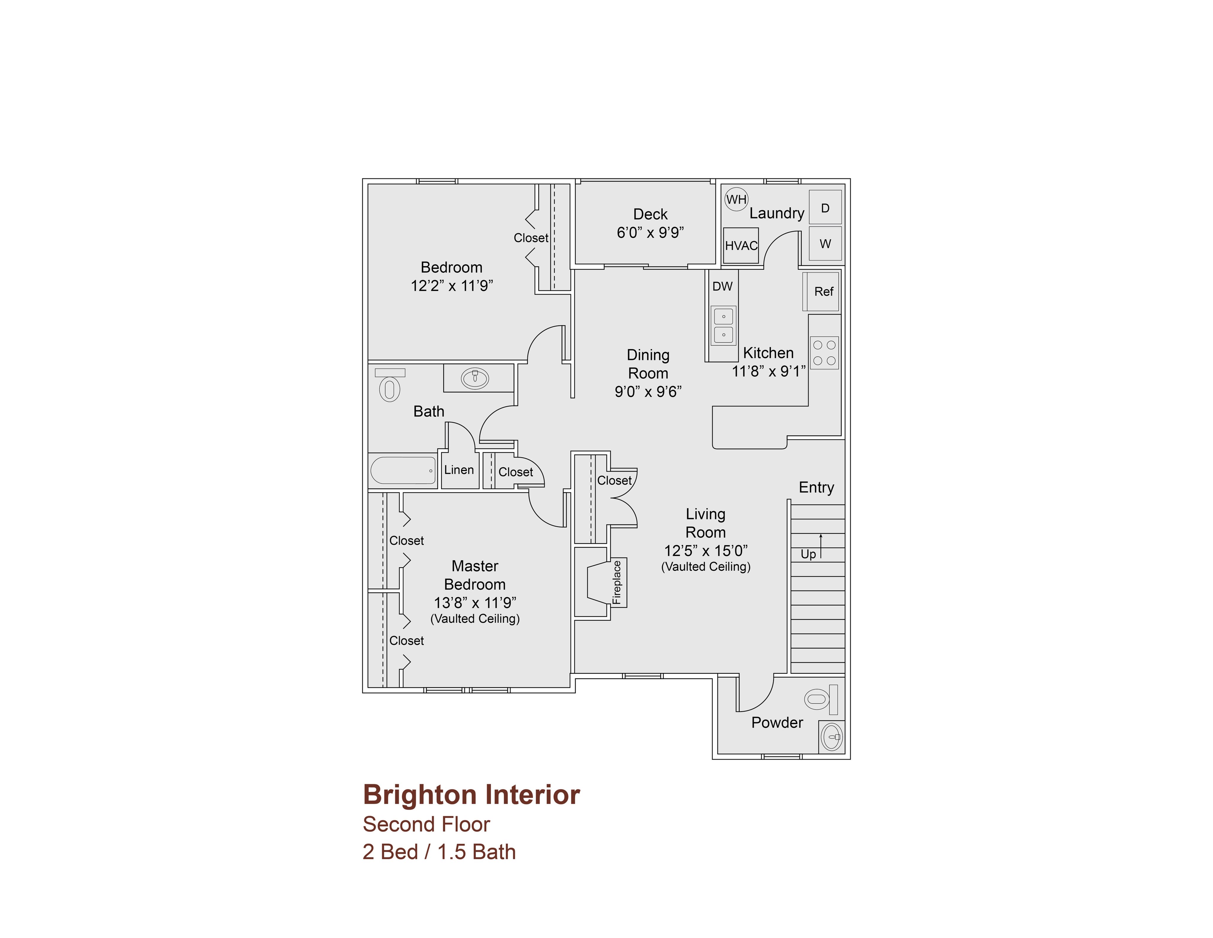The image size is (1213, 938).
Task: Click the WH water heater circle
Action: [737, 199]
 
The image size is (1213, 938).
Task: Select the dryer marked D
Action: [825, 207]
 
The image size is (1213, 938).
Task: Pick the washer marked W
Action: [825, 243]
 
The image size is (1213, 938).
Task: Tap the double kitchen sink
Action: [723, 326]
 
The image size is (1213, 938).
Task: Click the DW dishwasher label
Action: [723, 286]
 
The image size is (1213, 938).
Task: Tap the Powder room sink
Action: [832, 737]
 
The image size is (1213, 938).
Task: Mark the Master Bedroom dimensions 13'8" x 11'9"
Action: [475, 602]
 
